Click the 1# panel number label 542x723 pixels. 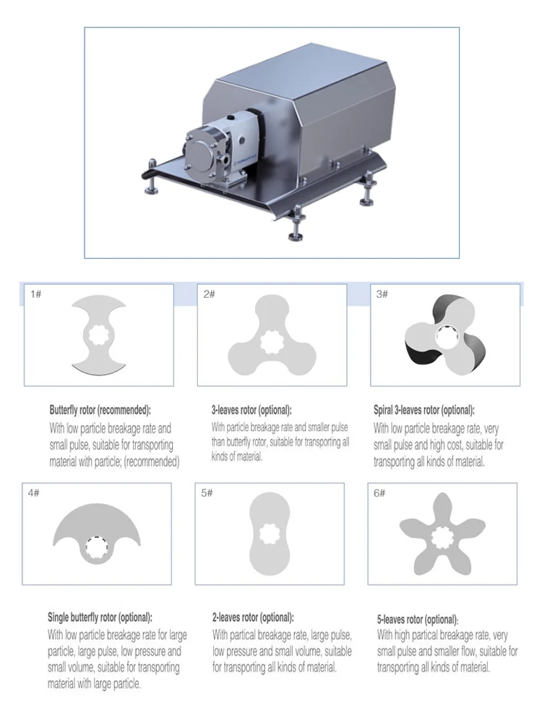(35, 294)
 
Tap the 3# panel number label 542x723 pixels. (382, 294)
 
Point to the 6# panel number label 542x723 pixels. (379, 493)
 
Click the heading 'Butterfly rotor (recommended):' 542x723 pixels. (100, 410)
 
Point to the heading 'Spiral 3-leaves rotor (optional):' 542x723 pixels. (424, 410)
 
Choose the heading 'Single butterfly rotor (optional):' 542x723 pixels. (100, 617)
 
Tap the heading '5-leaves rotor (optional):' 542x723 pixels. (418, 620)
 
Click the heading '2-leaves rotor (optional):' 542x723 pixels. (253, 617)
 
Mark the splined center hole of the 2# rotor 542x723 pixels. (272, 342)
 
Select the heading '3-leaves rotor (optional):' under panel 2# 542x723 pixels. (251, 410)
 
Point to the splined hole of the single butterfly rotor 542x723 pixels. (97, 548)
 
